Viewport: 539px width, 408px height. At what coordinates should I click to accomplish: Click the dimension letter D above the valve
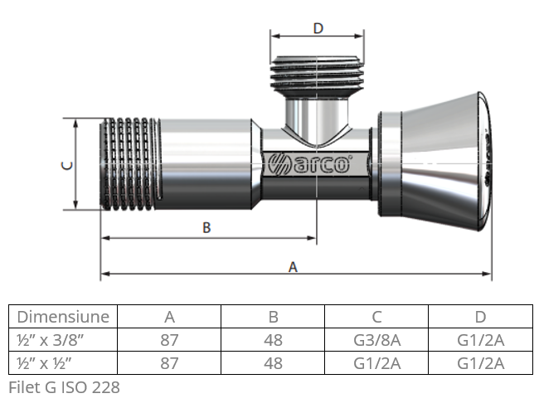pyautogui.click(x=318, y=28)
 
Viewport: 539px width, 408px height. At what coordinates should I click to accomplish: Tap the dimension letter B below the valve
pyautogui.click(x=206, y=228)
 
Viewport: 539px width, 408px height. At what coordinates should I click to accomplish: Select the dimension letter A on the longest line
pyautogui.click(x=292, y=267)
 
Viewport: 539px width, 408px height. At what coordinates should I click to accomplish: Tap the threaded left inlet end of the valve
pyautogui.click(x=129, y=164)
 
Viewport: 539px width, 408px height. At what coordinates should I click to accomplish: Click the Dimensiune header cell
pyautogui.click(x=63, y=317)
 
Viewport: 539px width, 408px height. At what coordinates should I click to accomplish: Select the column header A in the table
pyautogui.click(x=169, y=317)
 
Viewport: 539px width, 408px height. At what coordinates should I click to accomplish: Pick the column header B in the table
pyautogui.click(x=273, y=317)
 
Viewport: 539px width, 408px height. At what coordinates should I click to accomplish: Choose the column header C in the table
pyautogui.click(x=376, y=317)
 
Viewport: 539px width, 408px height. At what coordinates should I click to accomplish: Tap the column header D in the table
pyautogui.click(x=480, y=317)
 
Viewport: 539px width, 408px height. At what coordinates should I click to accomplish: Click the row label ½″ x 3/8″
pyautogui.click(x=52, y=340)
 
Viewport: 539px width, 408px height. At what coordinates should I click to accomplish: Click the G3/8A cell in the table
pyautogui.click(x=376, y=340)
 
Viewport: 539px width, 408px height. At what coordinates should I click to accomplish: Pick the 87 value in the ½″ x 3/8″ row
pyautogui.click(x=169, y=340)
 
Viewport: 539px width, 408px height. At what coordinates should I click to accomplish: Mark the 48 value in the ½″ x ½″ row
pyautogui.click(x=273, y=363)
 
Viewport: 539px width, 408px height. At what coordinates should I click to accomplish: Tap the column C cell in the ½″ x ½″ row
pyautogui.click(x=376, y=363)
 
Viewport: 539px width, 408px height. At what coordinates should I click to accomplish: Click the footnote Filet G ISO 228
pyautogui.click(x=64, y=387)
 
